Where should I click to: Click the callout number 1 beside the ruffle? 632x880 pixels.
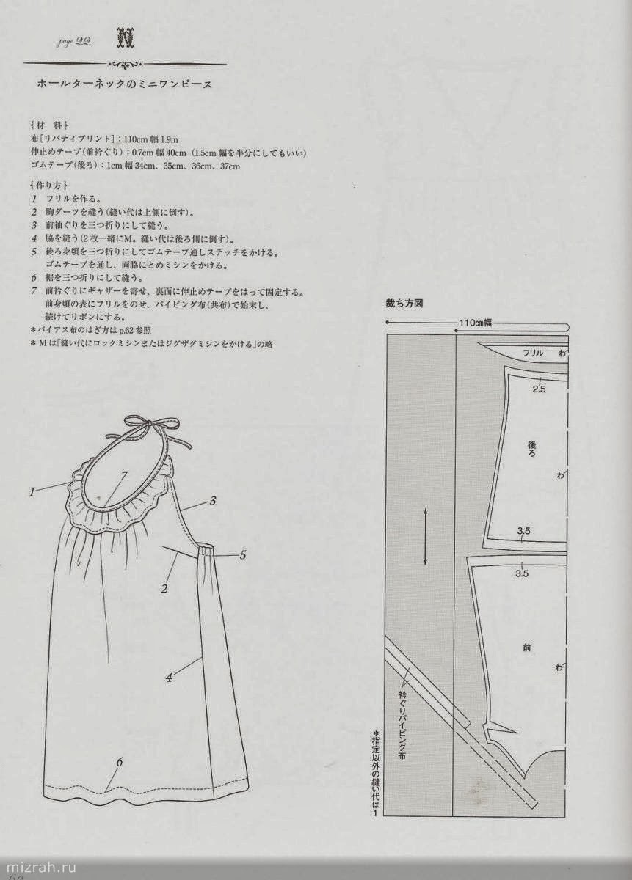[x=32, y=492]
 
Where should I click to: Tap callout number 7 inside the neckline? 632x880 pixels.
[x=123, y=476]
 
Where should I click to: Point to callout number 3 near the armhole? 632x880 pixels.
[x=212, y=501]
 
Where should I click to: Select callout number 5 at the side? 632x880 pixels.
[x=242, y=555]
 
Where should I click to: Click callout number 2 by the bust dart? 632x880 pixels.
[x=165, y=588]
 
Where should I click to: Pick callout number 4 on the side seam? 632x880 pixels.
[x=169, y=678]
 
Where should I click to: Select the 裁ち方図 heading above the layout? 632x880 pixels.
[x=406, y=303]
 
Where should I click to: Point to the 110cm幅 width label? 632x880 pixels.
[x=476, y=322]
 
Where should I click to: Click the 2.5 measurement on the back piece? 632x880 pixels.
[x=539, y=389]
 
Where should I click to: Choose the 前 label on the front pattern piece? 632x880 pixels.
[x=527, y=648]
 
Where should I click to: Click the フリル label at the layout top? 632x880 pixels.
[x=533, y=353]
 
